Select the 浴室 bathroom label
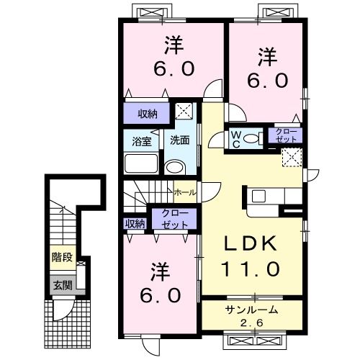(x=140, y=140)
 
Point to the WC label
(x=236, y=138)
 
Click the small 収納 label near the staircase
(x=135, y=224)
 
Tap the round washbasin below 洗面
(x=174, y=168)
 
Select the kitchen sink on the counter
(x=258, y=195)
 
